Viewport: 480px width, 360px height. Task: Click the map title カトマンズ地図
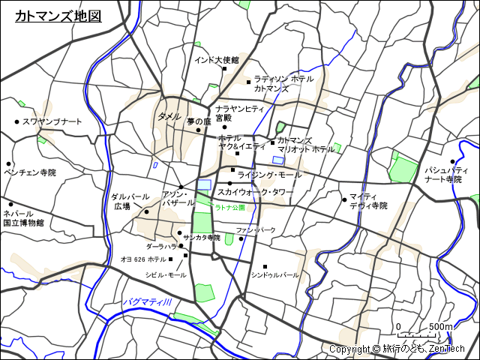coord(58,16)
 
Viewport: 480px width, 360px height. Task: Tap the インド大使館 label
coord(216,60)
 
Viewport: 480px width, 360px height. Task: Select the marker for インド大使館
coord(224,69)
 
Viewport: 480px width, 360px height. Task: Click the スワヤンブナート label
coord(52,121)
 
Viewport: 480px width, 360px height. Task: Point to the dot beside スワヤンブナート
coord(16,121)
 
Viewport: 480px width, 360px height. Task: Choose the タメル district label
coord(169,117)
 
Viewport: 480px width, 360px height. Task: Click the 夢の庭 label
coord(199,121)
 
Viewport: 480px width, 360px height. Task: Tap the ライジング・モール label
coord(269,175)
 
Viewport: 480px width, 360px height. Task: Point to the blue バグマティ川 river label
coord(148,301)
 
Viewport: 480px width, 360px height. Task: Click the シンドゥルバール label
coord(275,275)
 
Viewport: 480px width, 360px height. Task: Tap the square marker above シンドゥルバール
coord(265,266)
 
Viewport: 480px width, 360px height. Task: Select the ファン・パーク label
coord(256,229)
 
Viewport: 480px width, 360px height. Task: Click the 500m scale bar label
coord(441,327)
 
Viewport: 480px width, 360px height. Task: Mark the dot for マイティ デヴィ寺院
coord(344,199)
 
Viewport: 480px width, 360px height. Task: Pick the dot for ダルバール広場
coord(147,211)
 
